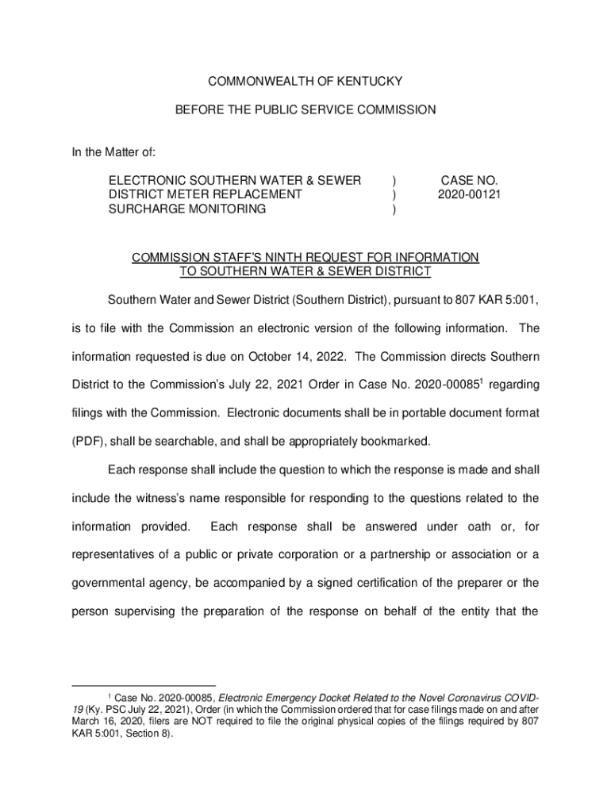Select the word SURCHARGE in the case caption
pyautogui.click(x=143, y=209)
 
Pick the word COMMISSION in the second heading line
pyautogui.click(x=395, y=110)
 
